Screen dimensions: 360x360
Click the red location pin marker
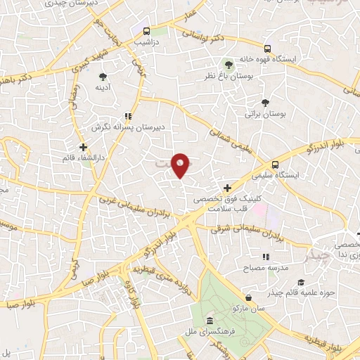[181, 165]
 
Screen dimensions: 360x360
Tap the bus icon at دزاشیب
[146, 32]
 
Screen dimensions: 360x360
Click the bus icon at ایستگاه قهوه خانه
[267, 49]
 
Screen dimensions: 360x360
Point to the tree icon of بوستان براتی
[264, 103]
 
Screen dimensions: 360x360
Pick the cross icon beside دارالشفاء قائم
[83, 148]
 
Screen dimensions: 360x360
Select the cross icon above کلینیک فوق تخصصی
[227, 188]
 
